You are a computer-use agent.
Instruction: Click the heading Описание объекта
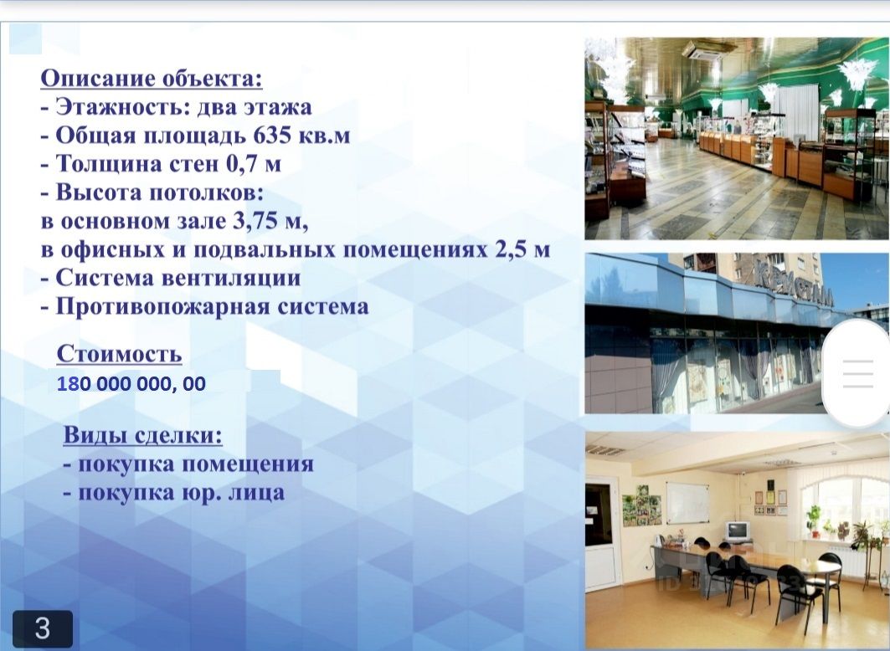click(152, 79)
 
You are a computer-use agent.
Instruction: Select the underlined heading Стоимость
click(119, 354)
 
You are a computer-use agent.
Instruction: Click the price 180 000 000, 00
click(131, 384)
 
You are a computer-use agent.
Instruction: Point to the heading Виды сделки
click(142, 435)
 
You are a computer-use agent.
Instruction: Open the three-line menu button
click(858, 374)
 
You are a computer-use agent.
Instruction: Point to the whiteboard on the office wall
click(687, 503)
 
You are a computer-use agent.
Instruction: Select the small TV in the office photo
click(738, 531)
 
